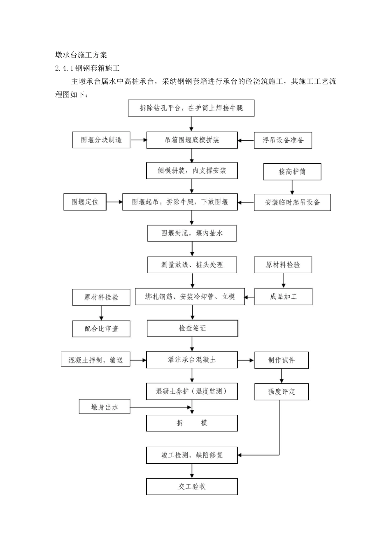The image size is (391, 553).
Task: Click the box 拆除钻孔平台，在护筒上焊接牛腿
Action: click(x=191, y=108)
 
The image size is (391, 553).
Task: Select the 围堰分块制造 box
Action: click(x=101, y=140)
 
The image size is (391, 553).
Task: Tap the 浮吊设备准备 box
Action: click(x=283, y=140)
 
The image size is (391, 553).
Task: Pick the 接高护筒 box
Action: click(x=292, y=172)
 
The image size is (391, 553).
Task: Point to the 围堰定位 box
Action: click(x=85, y=202)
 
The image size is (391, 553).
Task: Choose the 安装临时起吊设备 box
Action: click(x=292, y=202)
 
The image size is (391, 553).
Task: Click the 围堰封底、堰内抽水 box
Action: click(x=192, y=233)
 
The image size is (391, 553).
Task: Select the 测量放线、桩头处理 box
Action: click(x=192, y=265)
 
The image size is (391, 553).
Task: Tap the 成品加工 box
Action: click(x=283, y=297)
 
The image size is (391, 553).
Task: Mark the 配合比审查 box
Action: click(x=101, y=329)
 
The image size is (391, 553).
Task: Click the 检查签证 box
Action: click(x=192, y=328)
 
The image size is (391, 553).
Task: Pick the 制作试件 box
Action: click(x=282, y=360)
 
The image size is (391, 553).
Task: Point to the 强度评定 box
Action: click(x=282, y=392)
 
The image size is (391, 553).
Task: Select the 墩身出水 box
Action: click(x=105, y=407)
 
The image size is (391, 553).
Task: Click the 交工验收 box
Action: click(x=192, y=486)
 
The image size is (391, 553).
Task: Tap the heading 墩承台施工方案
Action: click(x=81, y=55)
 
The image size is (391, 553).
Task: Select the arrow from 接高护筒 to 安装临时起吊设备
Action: click(x=292, y=187)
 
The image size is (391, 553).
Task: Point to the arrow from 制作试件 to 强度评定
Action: click(x=282, y=376)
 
